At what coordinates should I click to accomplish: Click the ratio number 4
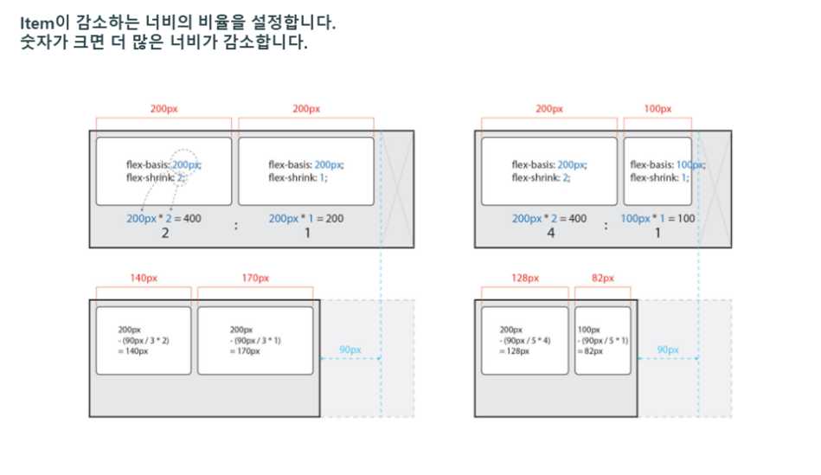(x=550, y=234)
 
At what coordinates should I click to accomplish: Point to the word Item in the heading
(x=35, y=22)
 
